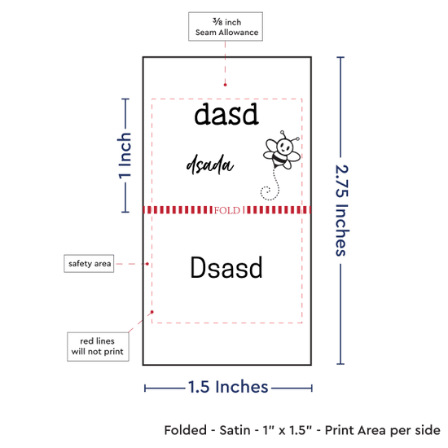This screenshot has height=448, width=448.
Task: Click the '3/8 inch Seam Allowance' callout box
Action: [x=226, y=27]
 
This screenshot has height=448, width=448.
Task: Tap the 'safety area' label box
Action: [x=89, y=263]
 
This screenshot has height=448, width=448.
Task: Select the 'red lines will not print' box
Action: [x=98, y=346]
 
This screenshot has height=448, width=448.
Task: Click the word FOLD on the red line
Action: [x=227, y=211]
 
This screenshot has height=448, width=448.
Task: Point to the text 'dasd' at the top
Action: [x=226, y=114]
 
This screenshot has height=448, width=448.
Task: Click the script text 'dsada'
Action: [x=210, y=165]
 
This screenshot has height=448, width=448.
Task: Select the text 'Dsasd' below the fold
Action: [x=226, y=267]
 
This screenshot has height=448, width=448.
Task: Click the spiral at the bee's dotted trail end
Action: [x=266, y=192]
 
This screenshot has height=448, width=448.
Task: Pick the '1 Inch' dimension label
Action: [x=125, y=156]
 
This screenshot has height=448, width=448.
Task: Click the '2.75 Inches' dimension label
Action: [x=341, y=210]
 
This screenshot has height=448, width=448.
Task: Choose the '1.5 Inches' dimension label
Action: [x=228, y=387]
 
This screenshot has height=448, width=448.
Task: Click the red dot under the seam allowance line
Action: [x=225, y=85]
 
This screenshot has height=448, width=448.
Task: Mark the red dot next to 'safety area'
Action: [x=147, y=264]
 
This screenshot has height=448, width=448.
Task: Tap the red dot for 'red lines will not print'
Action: [x=152, y=312]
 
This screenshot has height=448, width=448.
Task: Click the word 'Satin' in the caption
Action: [x=235, y=430]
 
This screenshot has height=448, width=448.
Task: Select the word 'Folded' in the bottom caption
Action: [x=186, y=430]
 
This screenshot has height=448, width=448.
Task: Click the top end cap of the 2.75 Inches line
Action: [x=340, y=58]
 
